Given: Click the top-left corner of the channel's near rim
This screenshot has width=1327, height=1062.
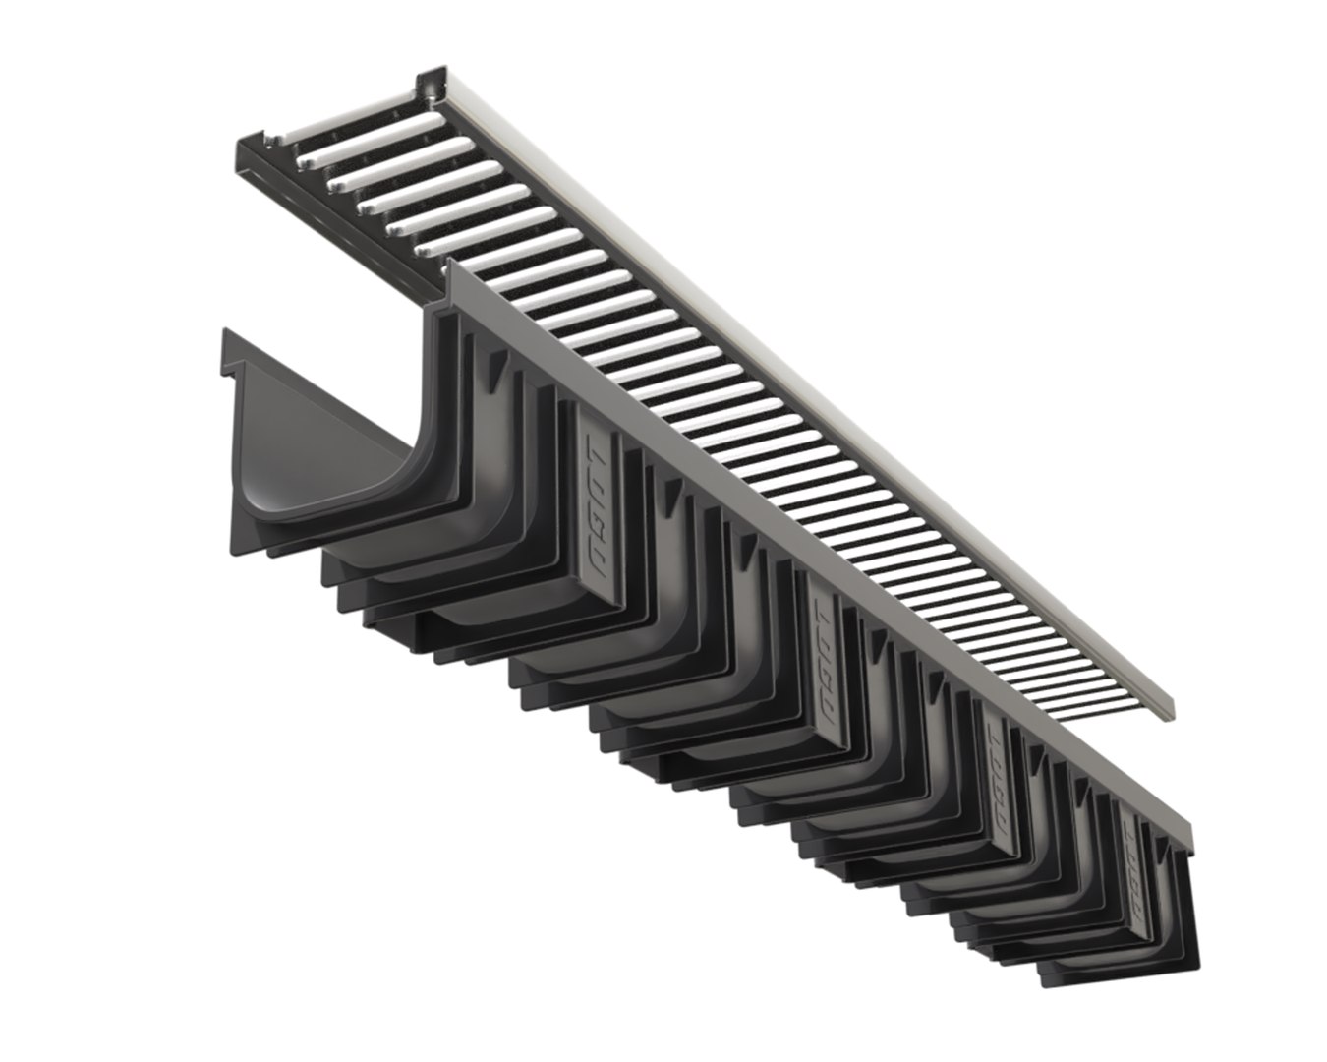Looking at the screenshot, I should point(451,266).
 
